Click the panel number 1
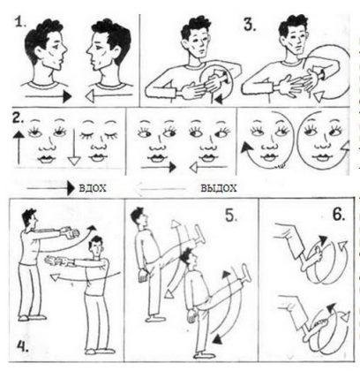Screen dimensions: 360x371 pyautogui.click(x=20, y=22)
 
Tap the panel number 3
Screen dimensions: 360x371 pyautogui.click(x=250, y=25)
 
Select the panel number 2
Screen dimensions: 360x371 pyautogui.click(x=18, y=117)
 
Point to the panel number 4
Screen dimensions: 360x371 pyautogui.click(x=22, y=346)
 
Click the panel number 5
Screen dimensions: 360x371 pyautogui.click(x=231, y=216)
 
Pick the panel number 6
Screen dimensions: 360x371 pyautogui.click(x=339, y=215)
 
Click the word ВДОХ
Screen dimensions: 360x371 pyautogui.click(x=93, y=188)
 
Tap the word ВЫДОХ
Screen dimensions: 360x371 pyautogui.click(x=219, y=188)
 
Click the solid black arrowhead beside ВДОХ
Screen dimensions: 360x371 pyautogui.click(x=71, y=188)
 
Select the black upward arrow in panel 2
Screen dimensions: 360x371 pyautogui.click(x=19, y=148)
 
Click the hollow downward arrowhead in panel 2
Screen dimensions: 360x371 pyautogui.click(x=74, y=161)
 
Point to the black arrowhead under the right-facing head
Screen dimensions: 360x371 pyautogui.click(x=67, y=96)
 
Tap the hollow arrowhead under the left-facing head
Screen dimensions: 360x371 pyautogui.click(x=90, y=96)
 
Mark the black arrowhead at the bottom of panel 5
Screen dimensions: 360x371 pyautogui.click(x=217, y=339)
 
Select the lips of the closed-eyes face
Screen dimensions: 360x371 pyautogui.click(x=98, y=157)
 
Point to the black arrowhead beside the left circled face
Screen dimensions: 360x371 pyautogui.click(x=245, y=147)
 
